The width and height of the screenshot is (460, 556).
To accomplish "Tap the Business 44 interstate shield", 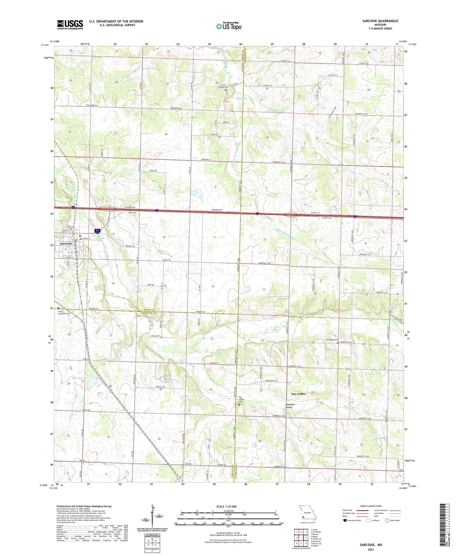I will point(97,231).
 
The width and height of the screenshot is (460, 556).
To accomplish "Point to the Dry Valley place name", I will point(299,394).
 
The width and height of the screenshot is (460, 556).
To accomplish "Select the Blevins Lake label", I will point(80,378).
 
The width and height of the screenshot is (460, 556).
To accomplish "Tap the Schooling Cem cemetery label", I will point(331,339).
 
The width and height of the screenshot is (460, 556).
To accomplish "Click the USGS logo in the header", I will point(70,25).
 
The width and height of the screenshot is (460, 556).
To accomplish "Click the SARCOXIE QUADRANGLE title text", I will point(380,21).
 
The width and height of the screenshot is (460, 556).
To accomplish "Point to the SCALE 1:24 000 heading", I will point(226,506).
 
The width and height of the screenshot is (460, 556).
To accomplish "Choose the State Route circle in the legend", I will point(387,520).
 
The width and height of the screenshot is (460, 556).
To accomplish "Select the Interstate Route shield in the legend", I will point(345,520).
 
